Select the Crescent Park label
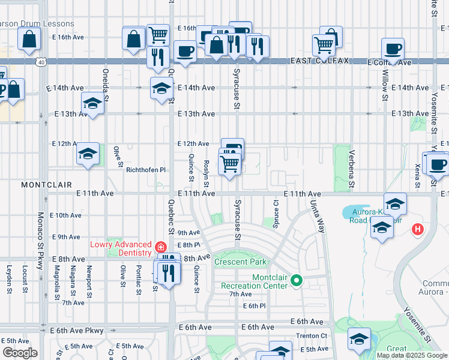pyautogui.click(x=240, y=262)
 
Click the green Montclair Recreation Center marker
pyautogui.click(x=295, y=280)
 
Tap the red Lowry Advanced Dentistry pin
pyautogui.click(x=160, y=247)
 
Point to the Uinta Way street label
pyautogui.click(x=317, y=214)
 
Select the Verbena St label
pyautogui.click(x=352, y=166)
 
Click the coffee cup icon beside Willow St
pyautogui.click(x=393, y=49)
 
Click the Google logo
pyautogui.click(x=20, y=353)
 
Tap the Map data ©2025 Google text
pyautogui.click(x=412, y=355)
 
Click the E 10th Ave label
pyautogui.click(x=65, y=215)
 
